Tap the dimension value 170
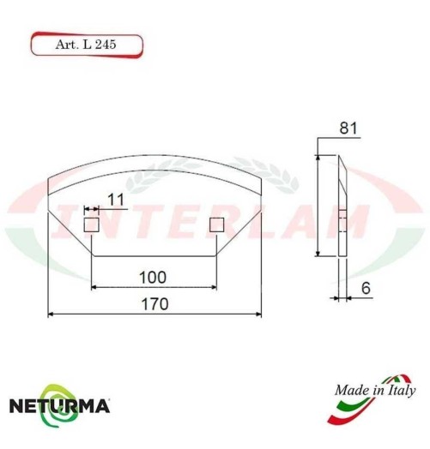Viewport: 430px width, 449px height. pyautogui.click(x=154, y=304)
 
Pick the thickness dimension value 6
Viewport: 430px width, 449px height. pyautogui.click(x=365, y=290)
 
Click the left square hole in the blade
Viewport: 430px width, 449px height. pyautogui.click(x=91, y=224)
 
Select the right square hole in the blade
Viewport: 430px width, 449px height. pyautogui.click(x=216, y=224)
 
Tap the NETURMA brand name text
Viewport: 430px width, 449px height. pyautogui.click(x=59, y=405)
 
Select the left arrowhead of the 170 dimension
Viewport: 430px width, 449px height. pyautogui.click(x=50, y=314)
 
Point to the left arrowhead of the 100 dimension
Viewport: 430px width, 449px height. pyautogui.click(x=93, y=286)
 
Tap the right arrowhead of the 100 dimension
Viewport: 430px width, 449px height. pyautogui.click(x=215, y=286)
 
